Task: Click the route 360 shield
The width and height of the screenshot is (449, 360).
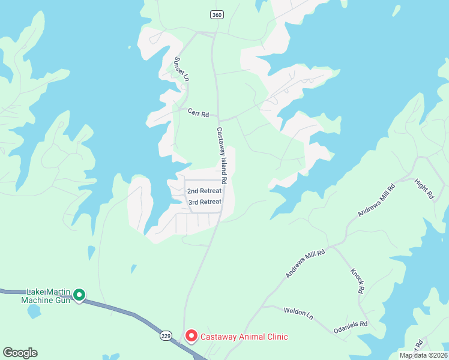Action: point(217,14)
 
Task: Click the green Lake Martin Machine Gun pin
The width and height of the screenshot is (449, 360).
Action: point(79,295)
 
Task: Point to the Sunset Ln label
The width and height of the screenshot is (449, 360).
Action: point(181,69)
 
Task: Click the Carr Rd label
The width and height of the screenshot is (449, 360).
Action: point(197,113)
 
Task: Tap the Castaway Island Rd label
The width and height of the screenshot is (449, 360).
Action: point(221,155)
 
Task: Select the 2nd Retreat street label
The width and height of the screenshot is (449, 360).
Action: point(204,191)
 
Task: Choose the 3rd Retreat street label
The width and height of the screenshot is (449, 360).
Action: point(205,202)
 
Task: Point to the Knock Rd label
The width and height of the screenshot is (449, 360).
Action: point(357,281)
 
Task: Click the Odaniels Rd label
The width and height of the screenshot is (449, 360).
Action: point(351,326)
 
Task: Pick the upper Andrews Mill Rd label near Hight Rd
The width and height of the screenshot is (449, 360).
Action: point(377,200)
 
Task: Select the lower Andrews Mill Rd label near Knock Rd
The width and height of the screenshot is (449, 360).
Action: point(305,264)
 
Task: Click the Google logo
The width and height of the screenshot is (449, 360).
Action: point(20,353)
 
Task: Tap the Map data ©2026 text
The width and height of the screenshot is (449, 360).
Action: point(422,355)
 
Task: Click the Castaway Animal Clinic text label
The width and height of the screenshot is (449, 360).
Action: point(244,337)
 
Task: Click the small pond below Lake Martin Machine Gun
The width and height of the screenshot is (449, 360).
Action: point(34,311)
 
